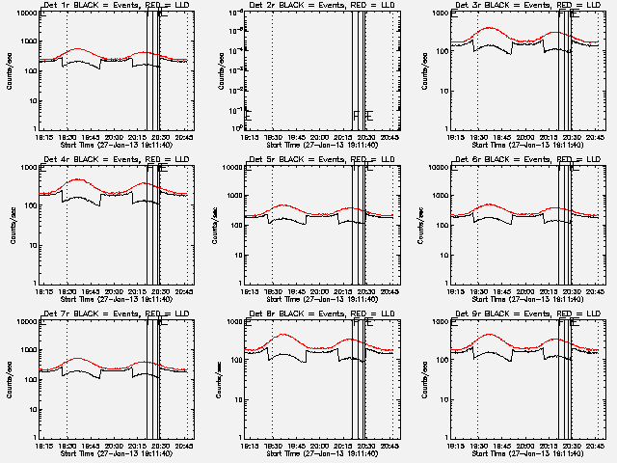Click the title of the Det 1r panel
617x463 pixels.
tap(106, 6)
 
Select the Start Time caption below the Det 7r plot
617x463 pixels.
tap(106, 452)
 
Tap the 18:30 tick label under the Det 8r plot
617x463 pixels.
tap(273, 445)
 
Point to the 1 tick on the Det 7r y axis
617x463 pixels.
tap(33, 436)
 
